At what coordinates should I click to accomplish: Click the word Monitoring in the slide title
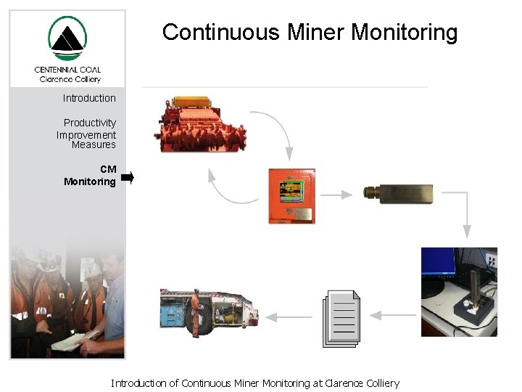tap(405, 33)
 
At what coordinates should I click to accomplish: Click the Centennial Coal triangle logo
tap(67, 39)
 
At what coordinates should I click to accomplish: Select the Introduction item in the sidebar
tap(89, 98)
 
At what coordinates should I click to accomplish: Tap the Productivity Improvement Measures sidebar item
tap(88, 134)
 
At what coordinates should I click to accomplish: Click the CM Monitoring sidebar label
tap(91, 176)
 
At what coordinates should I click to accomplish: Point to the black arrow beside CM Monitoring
tap(128, 176)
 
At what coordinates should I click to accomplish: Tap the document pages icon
tap(341, 318)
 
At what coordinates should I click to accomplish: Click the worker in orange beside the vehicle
tap(195, 312)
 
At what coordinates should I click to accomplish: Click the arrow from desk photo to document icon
tap(391, 315)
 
